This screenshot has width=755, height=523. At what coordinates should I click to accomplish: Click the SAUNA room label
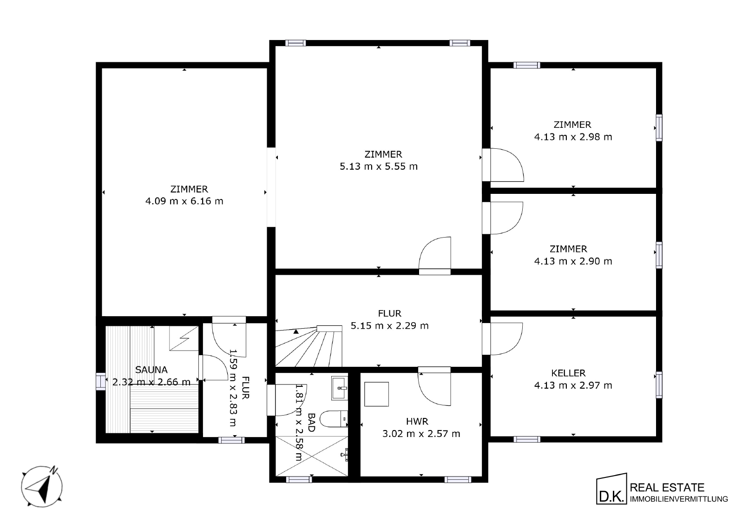tap(151, 370)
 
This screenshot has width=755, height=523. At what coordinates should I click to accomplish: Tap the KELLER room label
tap(568, 373)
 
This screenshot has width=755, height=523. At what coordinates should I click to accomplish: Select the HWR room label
tap(417, 421)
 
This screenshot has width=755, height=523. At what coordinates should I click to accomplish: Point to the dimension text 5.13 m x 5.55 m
tap(379, 166)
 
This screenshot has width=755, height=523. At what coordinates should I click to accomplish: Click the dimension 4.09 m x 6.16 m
tap(184, 201)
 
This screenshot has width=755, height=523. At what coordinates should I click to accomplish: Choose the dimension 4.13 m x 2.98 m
tap(573, 137)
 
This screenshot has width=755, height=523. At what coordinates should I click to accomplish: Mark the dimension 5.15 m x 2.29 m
tap(390, 325)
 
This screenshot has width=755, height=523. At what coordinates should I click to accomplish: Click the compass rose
tap(42, 486)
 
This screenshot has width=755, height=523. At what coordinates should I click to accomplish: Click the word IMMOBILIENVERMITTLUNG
tap(679, 499)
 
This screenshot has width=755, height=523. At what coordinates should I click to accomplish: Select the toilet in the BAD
tap(334, 419)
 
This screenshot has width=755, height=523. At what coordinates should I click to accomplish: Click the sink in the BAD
tap(340, 388)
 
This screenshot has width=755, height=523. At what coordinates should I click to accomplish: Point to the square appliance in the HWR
tap(376, 394)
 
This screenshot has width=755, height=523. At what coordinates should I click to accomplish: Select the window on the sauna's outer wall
tap(100, 381)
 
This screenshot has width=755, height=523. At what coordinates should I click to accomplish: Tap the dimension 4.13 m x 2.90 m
tap(573, 261)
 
